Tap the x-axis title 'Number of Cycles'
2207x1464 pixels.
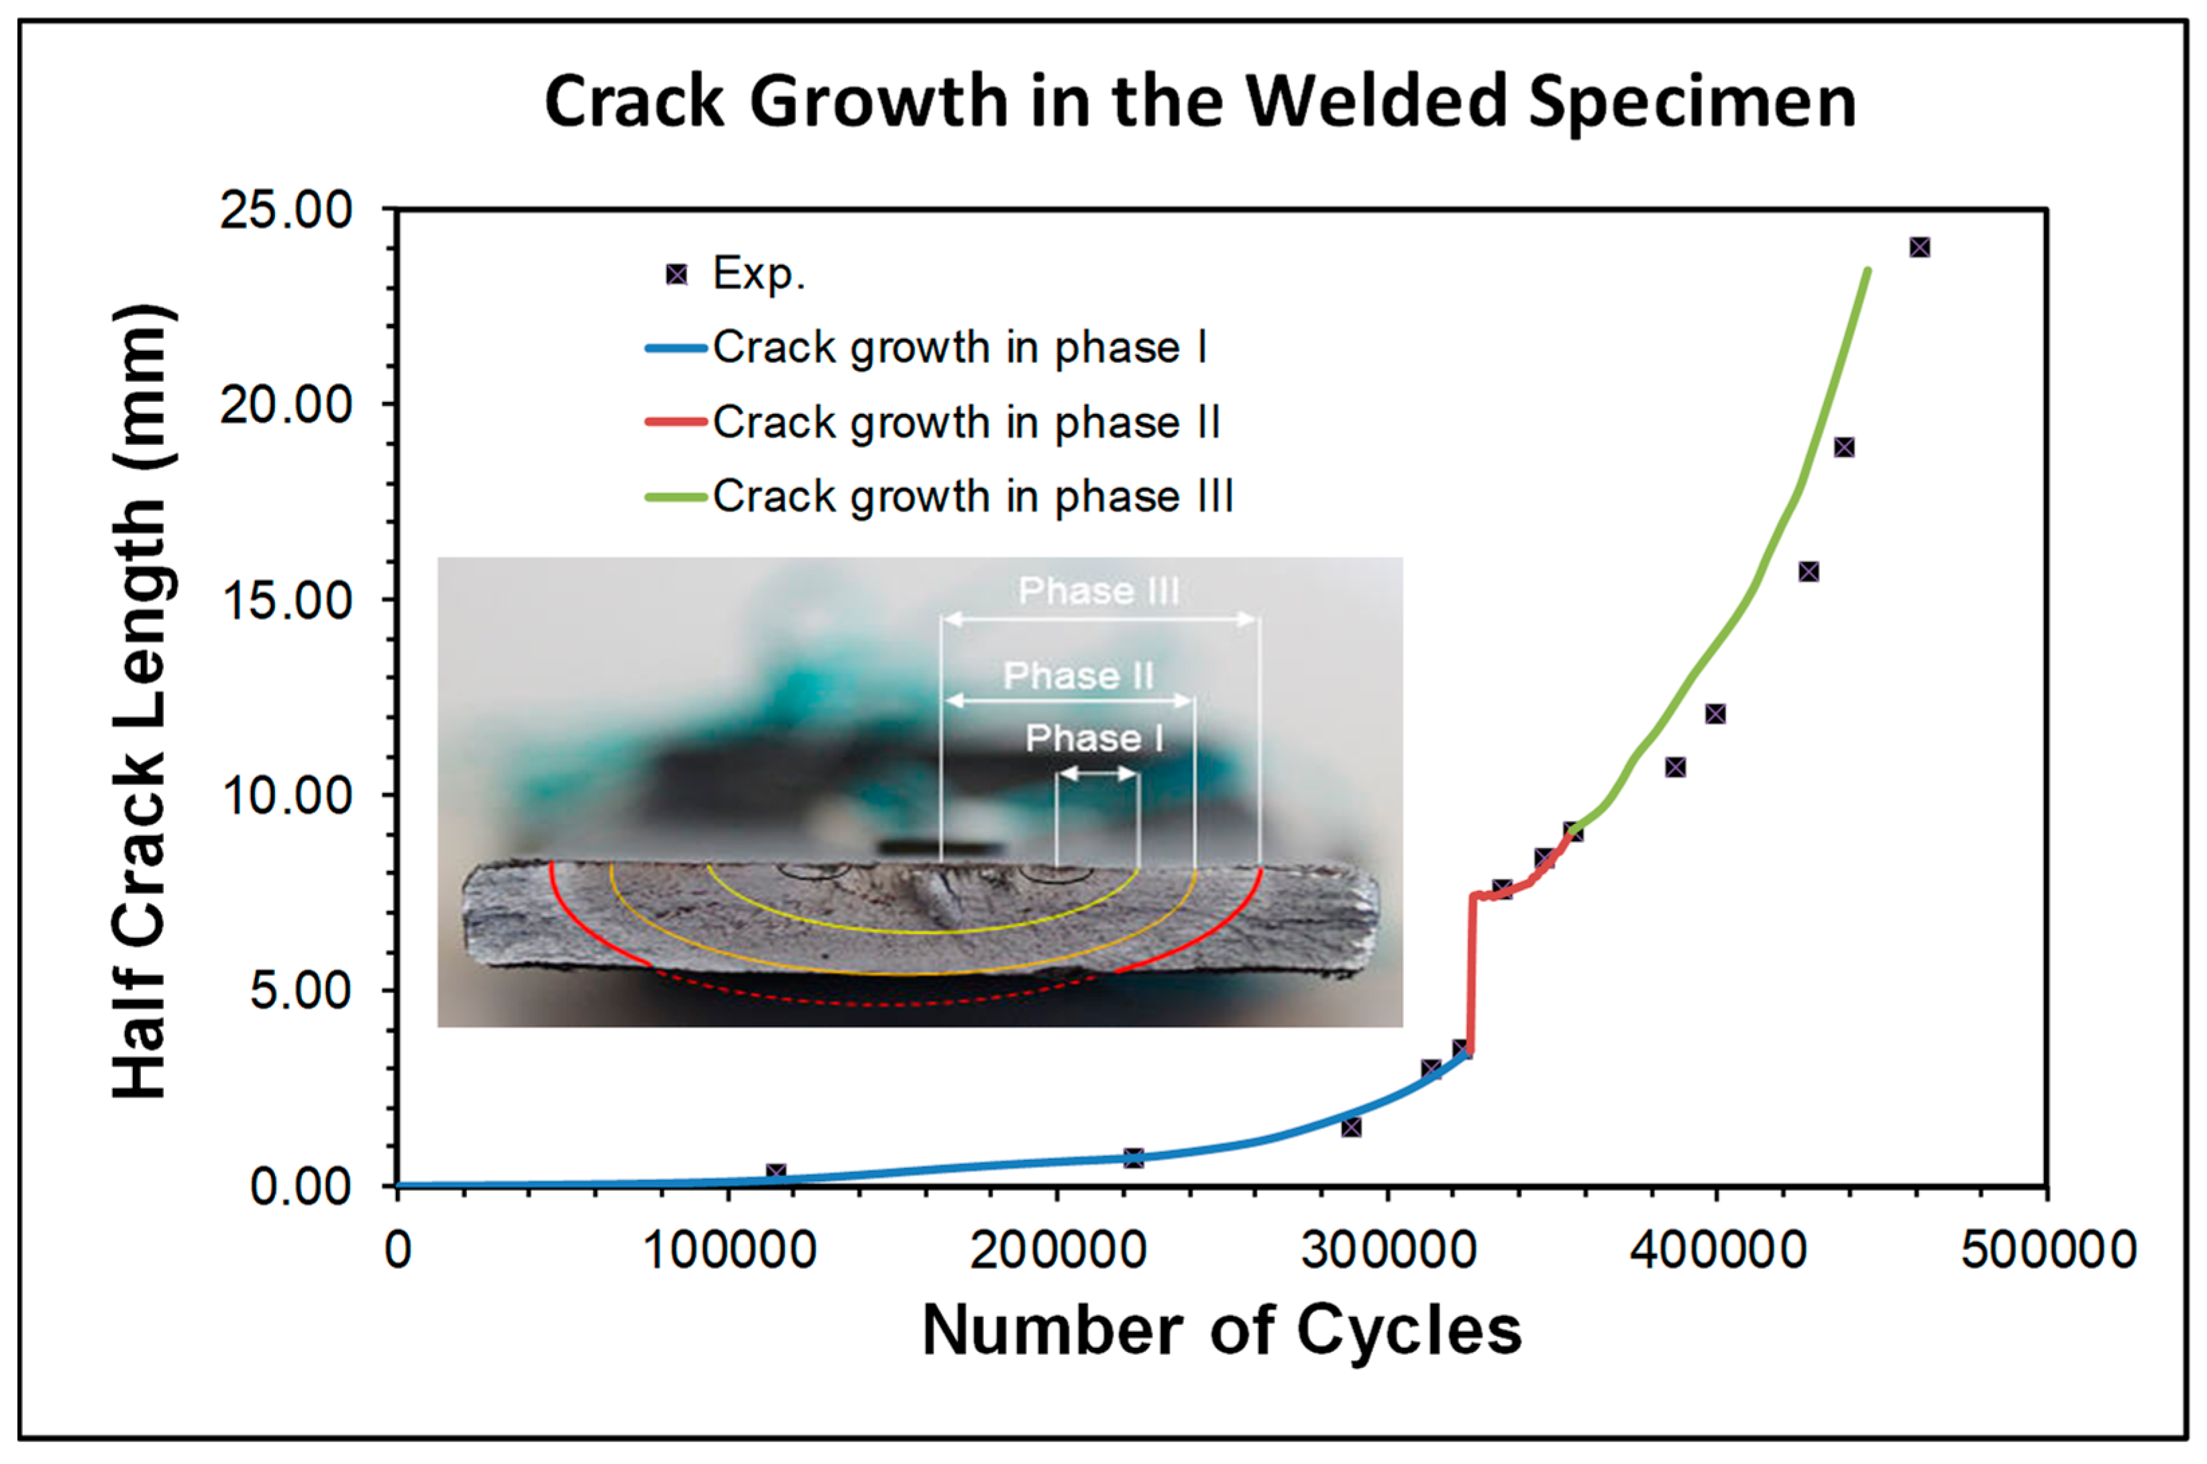1221,1330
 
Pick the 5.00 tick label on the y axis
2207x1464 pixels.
299,990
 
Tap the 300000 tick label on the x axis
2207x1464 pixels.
1387,1250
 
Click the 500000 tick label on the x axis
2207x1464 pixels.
2048,1250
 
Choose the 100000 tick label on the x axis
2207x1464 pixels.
729,1250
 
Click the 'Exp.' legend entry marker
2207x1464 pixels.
676,274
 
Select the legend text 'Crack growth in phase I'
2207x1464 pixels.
960,348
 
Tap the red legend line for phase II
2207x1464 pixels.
674,422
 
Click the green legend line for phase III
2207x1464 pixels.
674,496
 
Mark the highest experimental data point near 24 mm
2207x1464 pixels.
1919,248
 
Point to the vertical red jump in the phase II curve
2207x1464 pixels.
1471,971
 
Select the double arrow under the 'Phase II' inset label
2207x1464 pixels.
1069,700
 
